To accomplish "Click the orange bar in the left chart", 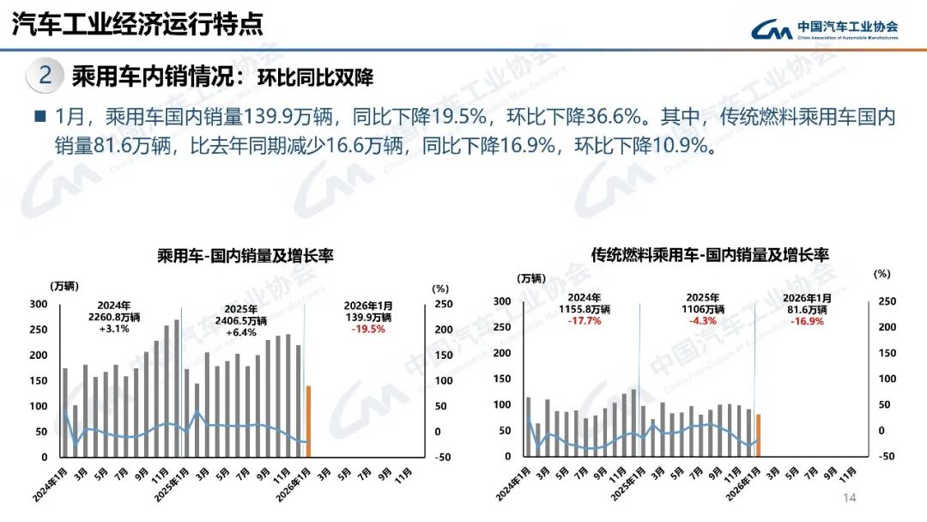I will pos(308,421).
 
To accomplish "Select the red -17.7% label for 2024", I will pos(585,321).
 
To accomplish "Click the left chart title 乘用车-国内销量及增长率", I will pos(245,256).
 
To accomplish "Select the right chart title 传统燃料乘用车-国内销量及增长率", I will pos(710,255).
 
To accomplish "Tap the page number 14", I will pos(850,499).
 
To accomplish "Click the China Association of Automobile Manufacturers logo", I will pos(824,30).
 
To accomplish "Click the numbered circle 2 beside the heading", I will pos(45,76).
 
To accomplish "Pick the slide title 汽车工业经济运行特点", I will pos(136,24).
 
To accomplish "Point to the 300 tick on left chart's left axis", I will pos(39,304).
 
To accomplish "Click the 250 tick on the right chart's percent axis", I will pos(887,301).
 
